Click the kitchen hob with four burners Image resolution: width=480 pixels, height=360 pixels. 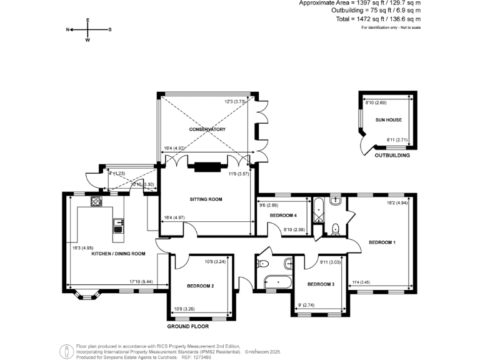(x=97, y=201)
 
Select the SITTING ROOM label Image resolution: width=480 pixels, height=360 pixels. (x=206, y=199)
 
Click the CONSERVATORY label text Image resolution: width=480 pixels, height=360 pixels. (x=207, y=129)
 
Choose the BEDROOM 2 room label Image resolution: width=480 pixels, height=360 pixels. (x=200, y=286)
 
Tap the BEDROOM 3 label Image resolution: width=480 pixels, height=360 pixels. (x=320, y=284)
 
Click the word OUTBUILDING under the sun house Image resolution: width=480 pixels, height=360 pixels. (x=392, y=155)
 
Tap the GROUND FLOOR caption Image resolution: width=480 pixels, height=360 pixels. (x=187, y=326)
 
